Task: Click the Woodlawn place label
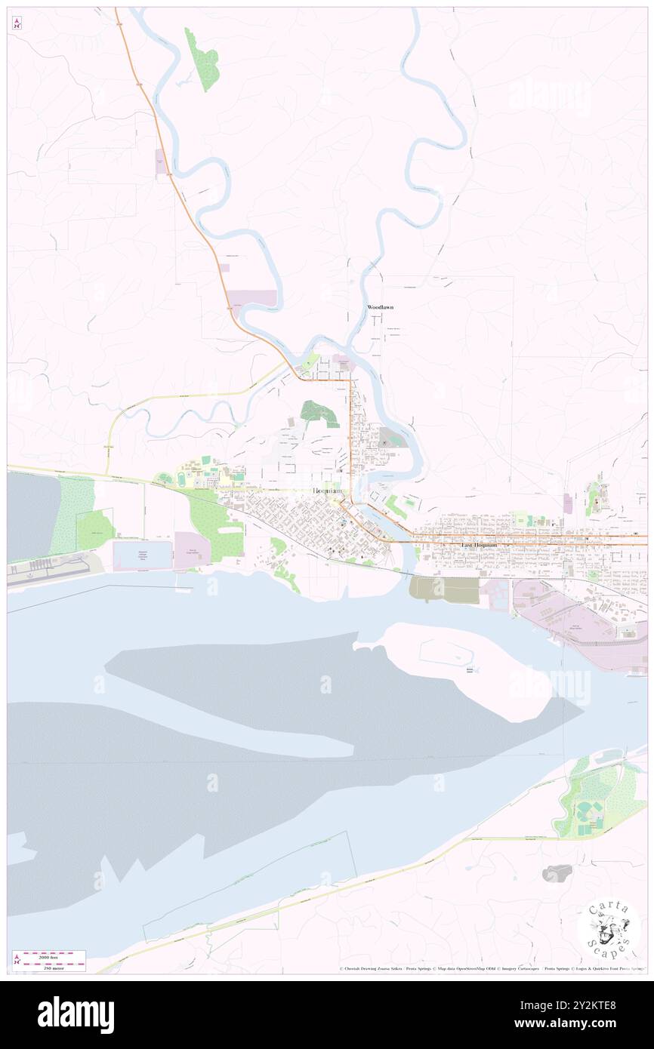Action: point(380,308)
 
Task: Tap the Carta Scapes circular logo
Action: point(609,928)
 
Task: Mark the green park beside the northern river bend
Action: point(202,59)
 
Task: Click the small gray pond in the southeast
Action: point(557,873)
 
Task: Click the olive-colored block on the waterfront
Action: point(444,589)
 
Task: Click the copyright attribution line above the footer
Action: point(491,968)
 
